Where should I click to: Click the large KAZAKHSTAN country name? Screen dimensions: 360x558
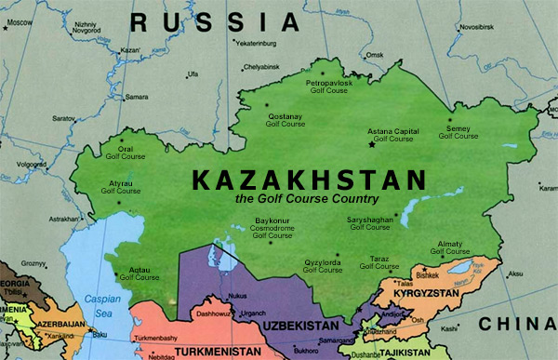click(308, 180)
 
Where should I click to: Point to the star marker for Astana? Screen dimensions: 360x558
click(373, 144)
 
